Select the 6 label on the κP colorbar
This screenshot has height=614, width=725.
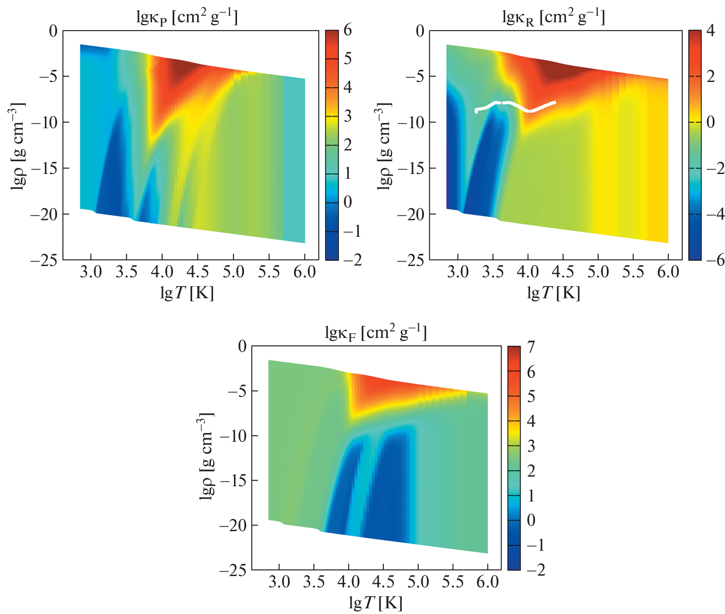point(348,30)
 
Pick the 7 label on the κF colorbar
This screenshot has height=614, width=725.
point(531,347)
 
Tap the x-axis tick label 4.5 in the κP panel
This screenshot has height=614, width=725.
point(198,272)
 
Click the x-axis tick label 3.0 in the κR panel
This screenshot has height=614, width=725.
point(457,272)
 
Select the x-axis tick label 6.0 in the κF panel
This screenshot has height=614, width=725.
point(488,582)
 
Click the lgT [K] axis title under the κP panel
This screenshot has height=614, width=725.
point(187,293)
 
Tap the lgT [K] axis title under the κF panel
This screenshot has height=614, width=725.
point(376,603)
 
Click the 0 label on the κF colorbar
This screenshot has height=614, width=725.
point(531,520)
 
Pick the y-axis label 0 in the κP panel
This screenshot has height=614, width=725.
point(53,31)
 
